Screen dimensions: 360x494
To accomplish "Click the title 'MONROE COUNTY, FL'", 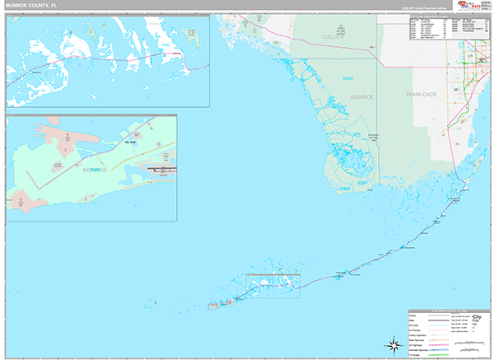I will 33,5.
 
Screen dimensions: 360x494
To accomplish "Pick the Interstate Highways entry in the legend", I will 420,349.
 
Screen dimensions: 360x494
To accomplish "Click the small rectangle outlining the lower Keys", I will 273,286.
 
